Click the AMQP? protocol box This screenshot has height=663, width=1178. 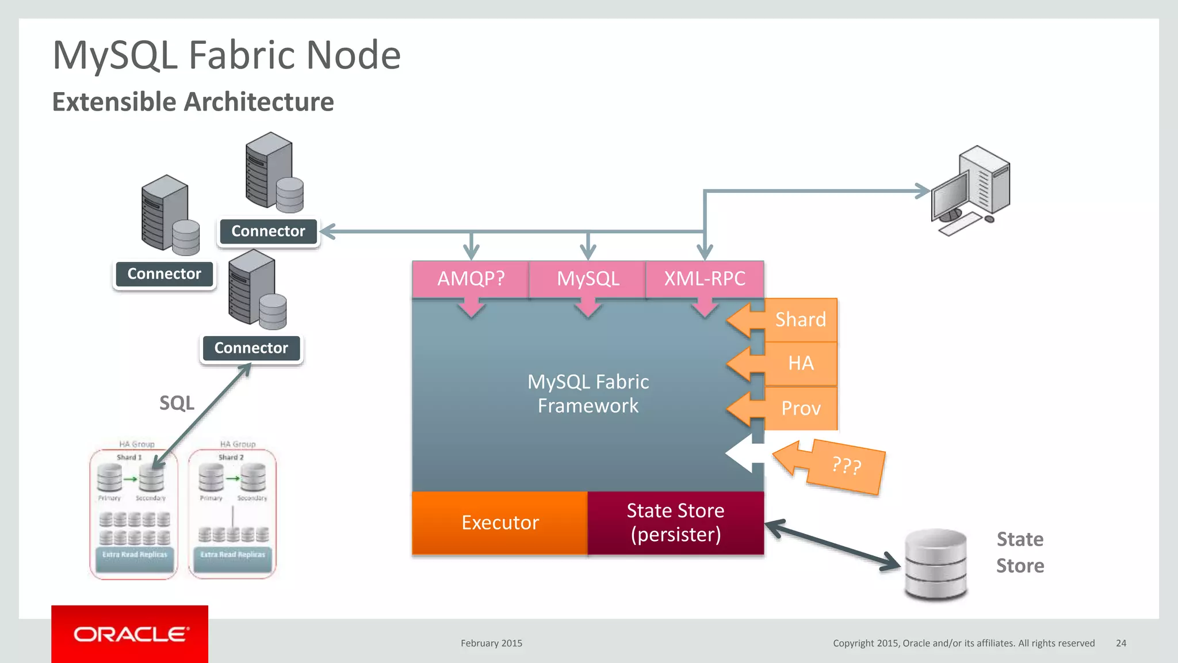tap(471, 279)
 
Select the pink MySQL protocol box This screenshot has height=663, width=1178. tap(587, 279)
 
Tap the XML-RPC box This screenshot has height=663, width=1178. tap(705, 279)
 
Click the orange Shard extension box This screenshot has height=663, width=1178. tap(801, 319)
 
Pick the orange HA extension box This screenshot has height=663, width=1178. tap(801, 363)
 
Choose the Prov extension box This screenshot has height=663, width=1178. tap(801, 408)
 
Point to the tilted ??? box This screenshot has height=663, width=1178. tap(846, 466)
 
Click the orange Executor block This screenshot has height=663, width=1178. tap(500, 523)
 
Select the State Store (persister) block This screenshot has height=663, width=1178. tap(676, 523)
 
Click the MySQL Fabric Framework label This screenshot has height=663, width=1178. tap(588, 394)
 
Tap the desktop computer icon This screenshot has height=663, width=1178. tap(971, 190)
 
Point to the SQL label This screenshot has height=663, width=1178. tap(177, 403)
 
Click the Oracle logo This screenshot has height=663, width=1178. tap(130, 634)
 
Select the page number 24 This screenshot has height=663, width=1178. tap(1120, 643)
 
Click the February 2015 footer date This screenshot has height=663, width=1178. tap(491, 643)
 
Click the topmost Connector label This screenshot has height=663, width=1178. tap(268, 231)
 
